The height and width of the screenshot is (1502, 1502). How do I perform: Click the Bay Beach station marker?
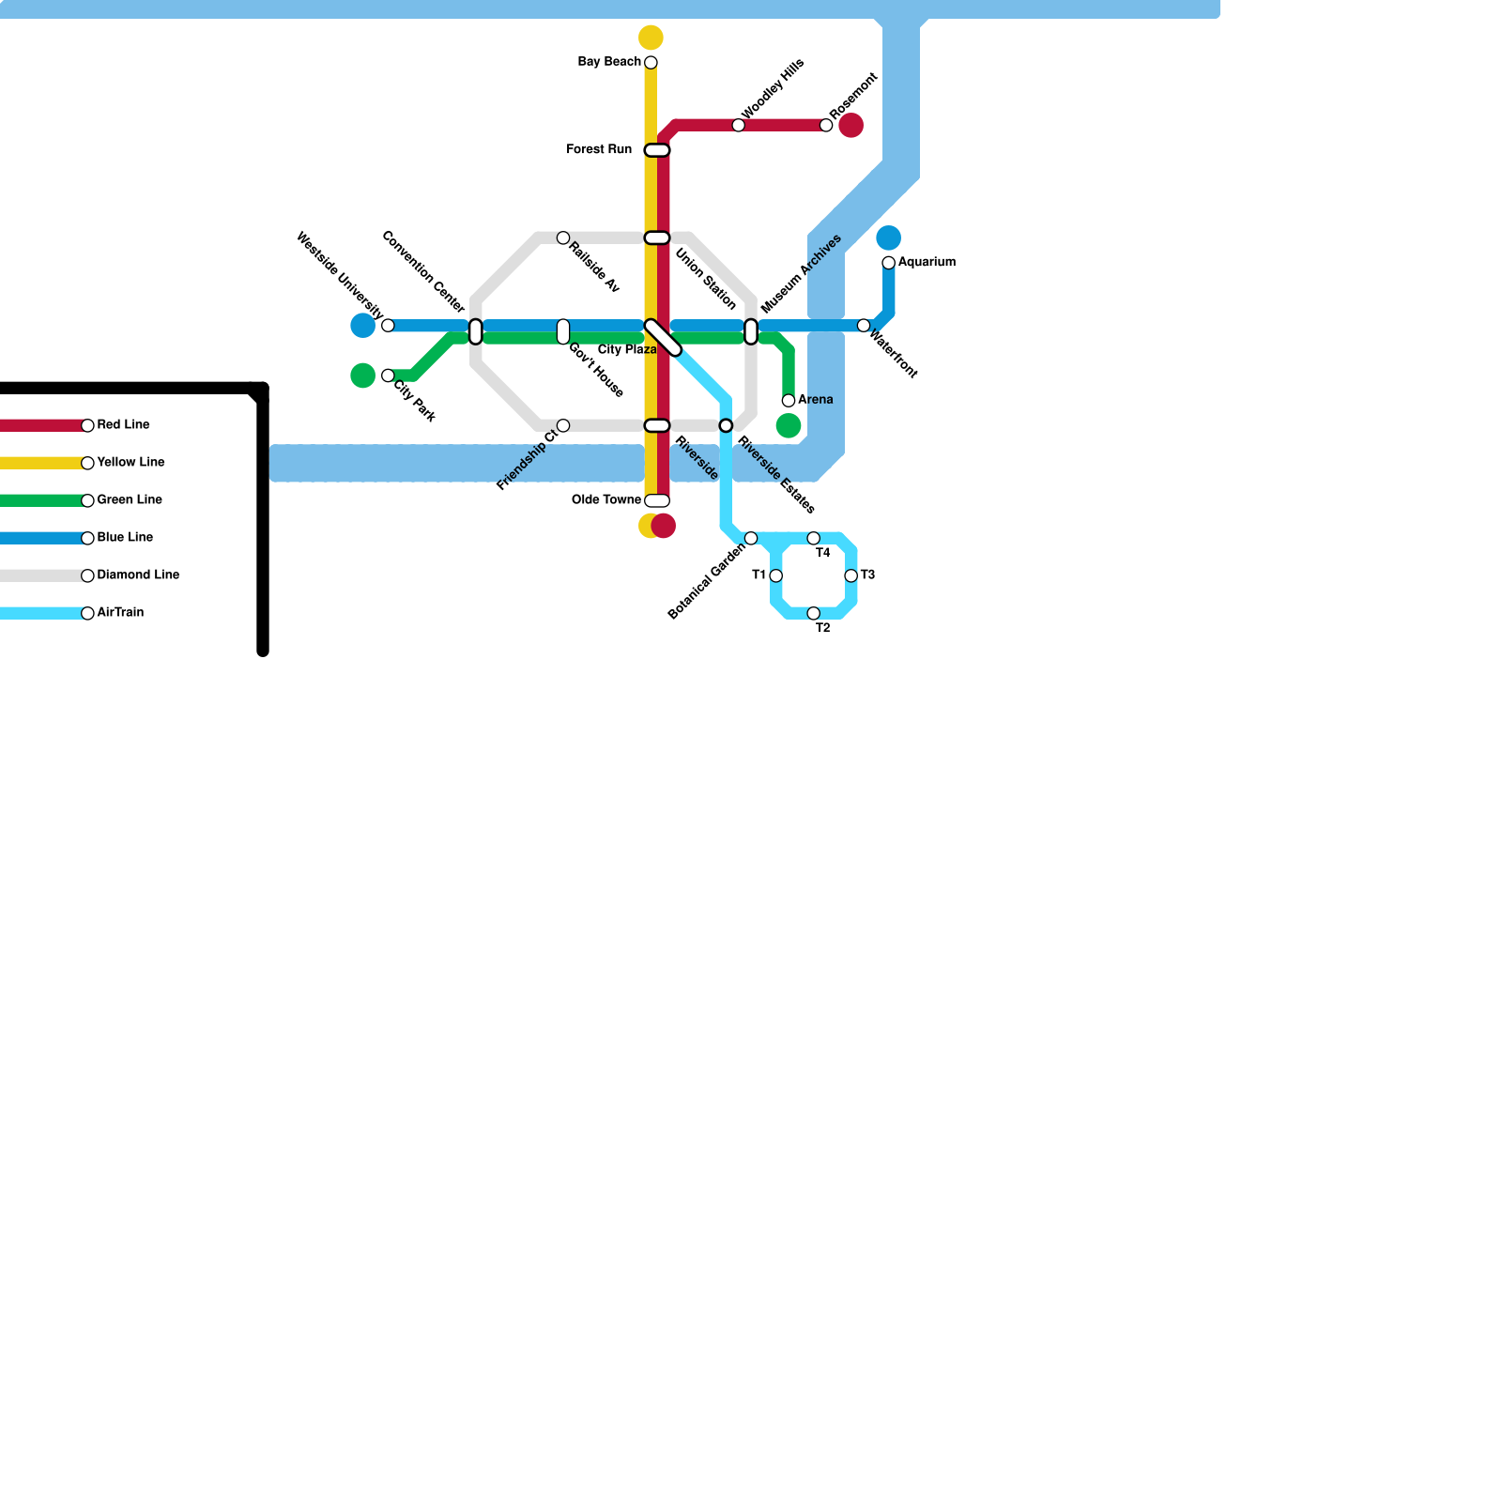[651, 63]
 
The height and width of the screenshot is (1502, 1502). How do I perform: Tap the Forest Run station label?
[599, 149]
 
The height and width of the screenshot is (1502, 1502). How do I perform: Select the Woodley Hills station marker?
[739, 126]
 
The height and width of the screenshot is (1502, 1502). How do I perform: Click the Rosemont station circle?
[826, 126]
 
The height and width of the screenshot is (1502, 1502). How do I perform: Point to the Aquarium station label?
[927, 262]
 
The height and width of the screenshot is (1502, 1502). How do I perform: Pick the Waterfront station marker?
[864, 326]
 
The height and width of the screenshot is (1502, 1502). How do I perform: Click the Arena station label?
[815, 400]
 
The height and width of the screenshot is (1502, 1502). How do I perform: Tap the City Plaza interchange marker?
[663, 338]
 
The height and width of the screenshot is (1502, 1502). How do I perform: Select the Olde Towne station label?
[605, 499]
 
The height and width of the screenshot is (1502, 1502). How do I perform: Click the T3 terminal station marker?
[851, 575]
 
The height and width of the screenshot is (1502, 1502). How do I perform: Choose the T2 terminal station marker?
[814, 614]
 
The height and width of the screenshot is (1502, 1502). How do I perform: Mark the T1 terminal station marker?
[775, 575]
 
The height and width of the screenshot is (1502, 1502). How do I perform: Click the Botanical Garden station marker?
[751, 538]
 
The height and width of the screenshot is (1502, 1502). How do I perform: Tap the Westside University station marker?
[388, 326]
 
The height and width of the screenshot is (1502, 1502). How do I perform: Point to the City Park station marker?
[388, 375]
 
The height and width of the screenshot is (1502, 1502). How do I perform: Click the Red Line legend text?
[123, 424]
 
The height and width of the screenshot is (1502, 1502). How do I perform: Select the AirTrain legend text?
[120, 612]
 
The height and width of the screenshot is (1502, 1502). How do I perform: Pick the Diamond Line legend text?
[138, 575]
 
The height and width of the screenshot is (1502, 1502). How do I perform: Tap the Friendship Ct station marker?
[563, 426]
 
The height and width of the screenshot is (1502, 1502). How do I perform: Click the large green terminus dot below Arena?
[789, 426]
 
